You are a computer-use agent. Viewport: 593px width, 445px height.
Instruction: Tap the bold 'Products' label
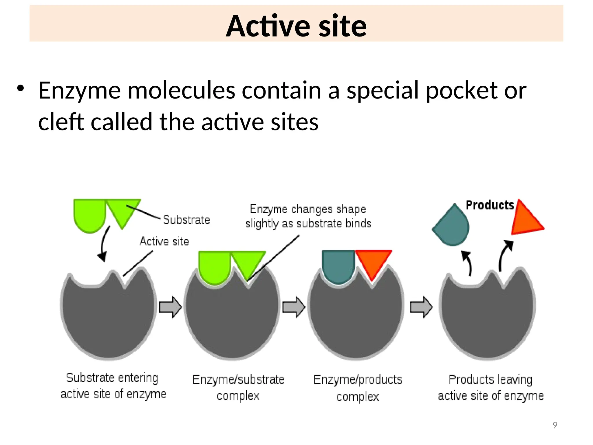[490, 205]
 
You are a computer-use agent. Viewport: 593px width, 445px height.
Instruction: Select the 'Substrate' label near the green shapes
[186, 220]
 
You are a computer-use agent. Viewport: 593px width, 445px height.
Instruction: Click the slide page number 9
[555, 425]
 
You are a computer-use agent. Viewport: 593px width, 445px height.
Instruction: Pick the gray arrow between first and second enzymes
[171, 307]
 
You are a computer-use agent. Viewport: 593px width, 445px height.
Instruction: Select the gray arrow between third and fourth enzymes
[421, 307]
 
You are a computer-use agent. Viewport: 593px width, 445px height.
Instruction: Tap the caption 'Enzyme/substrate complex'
[238, 387]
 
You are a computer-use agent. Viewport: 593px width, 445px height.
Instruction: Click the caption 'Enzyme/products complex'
[358, 388]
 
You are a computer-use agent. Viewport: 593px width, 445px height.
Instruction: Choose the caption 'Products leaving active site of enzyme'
[490, 387]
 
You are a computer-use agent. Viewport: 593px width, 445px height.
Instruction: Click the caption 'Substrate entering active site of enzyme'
[113, 386]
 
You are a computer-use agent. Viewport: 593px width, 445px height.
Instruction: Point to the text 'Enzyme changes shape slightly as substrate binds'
[308, 216]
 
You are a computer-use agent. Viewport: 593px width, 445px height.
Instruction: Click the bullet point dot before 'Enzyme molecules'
[20, 88]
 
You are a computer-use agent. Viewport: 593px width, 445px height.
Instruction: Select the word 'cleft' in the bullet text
[61, 122]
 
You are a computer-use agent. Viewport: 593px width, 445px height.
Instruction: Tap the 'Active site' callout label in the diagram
[164, 241]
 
